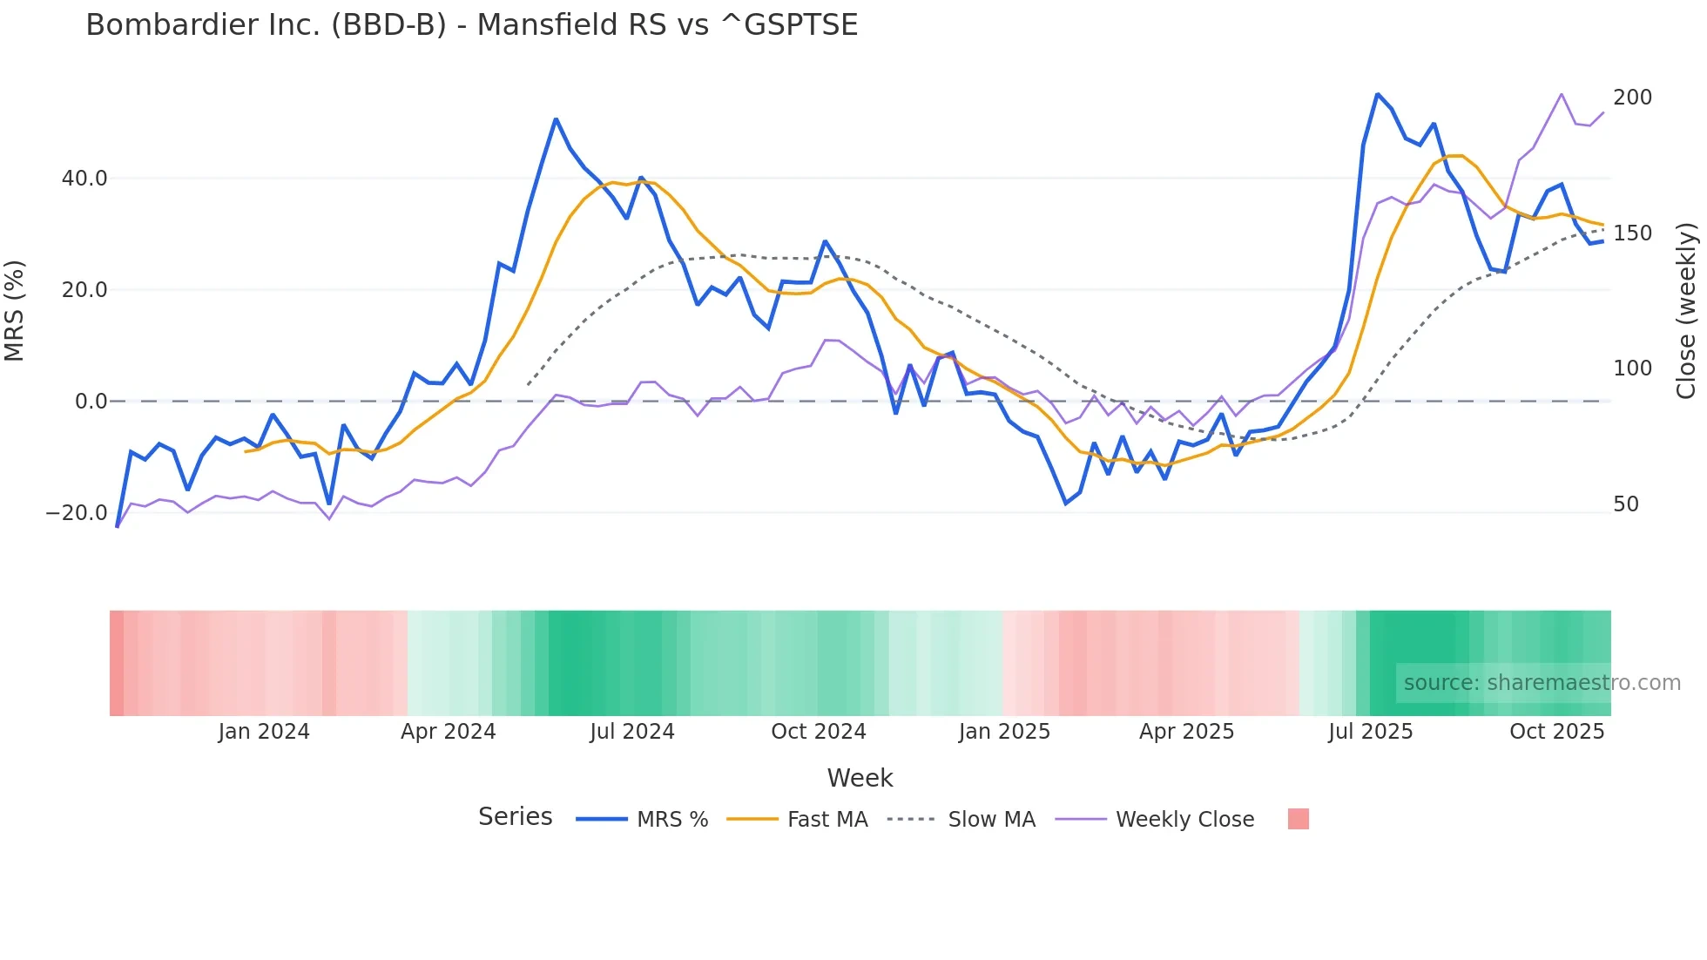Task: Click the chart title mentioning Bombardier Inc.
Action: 471,24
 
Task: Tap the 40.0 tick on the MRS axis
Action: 84,179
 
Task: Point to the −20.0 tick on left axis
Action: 77,513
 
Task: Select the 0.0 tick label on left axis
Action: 91,402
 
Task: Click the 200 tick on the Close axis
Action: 1632,98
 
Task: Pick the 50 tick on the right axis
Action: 1626,504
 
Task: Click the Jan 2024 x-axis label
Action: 263,732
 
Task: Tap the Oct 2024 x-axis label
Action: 818,732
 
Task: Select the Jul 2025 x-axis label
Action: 1370,732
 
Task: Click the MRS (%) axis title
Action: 15,310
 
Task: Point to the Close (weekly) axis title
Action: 1687,311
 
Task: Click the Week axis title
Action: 860,778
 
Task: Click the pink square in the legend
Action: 1298,820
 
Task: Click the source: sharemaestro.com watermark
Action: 1542,683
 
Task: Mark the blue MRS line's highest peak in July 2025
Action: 1377,94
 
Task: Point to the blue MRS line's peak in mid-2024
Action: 556,119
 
